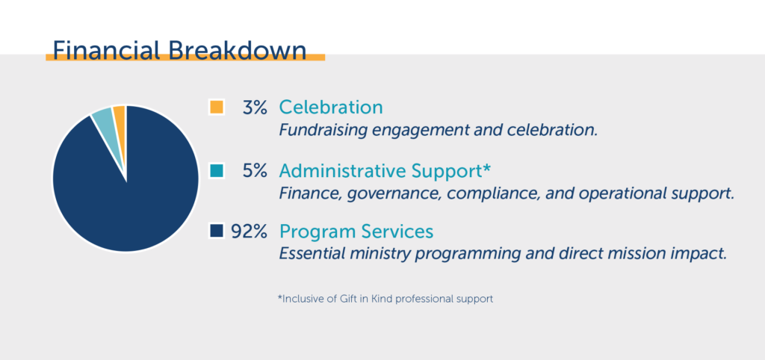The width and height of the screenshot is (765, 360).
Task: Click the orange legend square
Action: coord(216,107)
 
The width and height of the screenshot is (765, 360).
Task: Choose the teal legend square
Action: coord(216,171)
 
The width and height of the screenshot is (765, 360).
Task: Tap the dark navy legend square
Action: coord(216,231)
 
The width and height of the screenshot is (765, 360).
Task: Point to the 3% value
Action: coord(254,108)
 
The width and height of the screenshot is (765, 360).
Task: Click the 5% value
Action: coord(254,171)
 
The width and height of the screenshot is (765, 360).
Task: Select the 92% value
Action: coord(249,232)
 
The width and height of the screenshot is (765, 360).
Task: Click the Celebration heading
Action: coord(331,108)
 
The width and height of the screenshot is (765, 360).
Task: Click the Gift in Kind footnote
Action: coord(385,299)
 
